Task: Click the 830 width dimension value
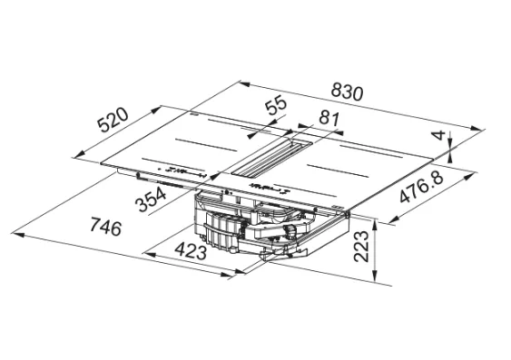tap(347, 92)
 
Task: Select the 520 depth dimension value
tap(113, 120)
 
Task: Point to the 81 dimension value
tap(329, 118)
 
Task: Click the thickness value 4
tap(439, 135)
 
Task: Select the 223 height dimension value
tap(361, 247)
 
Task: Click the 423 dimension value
tap(191, 250)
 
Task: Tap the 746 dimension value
tap(105, 227)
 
